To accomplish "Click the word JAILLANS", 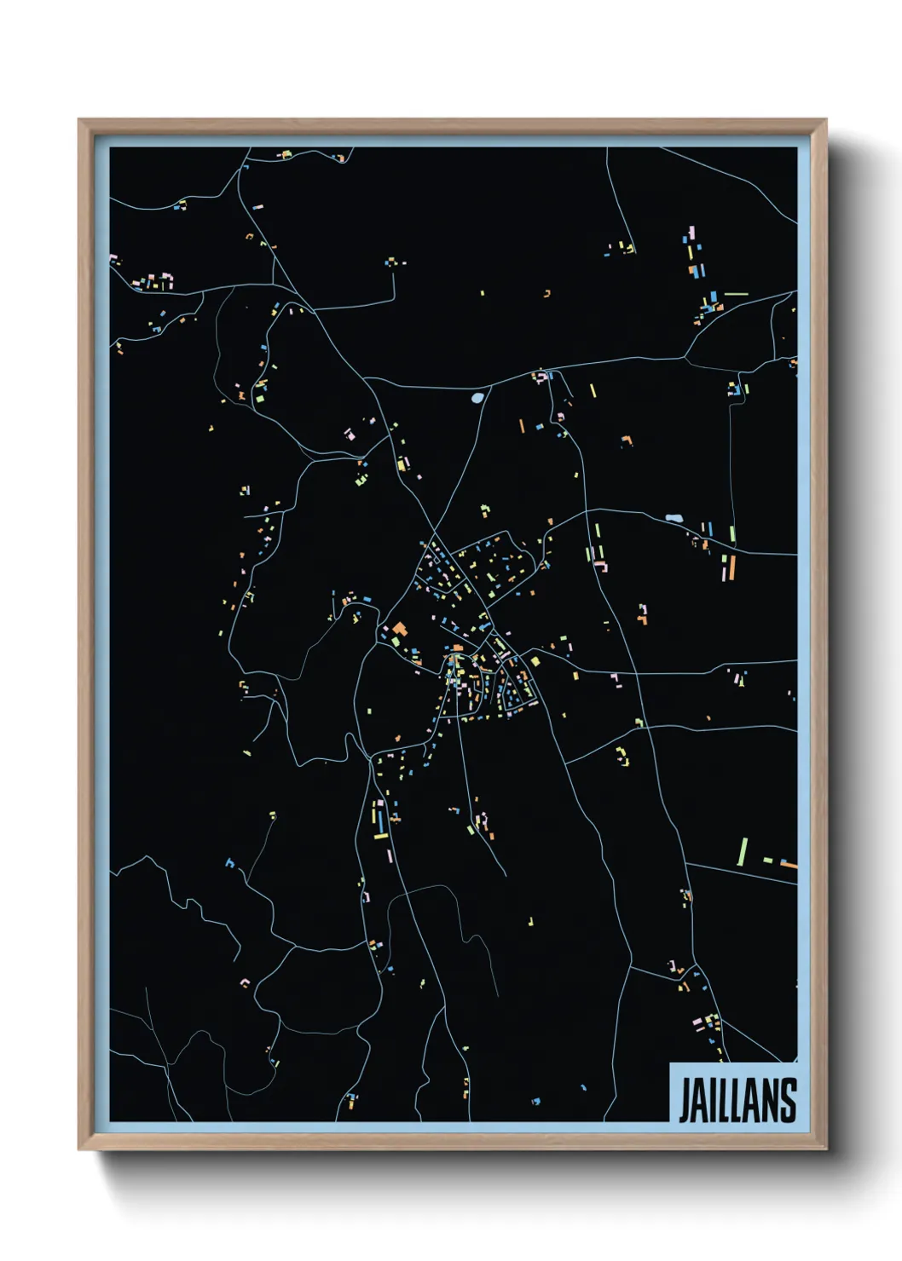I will (x=737, y=1099).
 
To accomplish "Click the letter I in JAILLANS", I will (x=713, y=1099).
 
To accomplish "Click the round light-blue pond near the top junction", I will (x=477, y=397).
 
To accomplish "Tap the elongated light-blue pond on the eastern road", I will (x=674, y=518).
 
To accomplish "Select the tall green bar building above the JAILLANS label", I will (x=743, y=851).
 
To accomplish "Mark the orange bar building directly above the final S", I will (x=789, y=865).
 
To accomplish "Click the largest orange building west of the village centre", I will (x=399, y=630).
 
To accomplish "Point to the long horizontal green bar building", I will (x=736, y=294).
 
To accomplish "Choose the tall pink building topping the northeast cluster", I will (x=691, y=233).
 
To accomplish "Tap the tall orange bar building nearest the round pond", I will (x=522, y=424).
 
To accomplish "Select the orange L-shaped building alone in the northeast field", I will (x=628, y=440).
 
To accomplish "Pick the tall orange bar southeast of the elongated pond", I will (x=731, y=567).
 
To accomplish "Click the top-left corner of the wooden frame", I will (x=78, y=120).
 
